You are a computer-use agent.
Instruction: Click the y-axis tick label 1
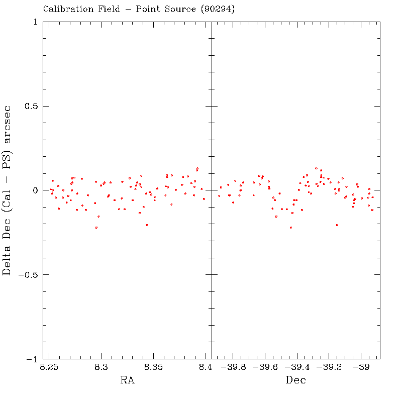(x=35, y=22)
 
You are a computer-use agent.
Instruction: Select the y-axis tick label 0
(x=35, y=190)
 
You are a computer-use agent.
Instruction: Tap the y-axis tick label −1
(x=31, y=359)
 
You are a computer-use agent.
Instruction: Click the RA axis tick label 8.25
(x=49, y=367)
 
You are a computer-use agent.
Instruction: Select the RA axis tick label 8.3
(x=101, y=367)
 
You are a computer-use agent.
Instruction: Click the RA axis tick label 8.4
(x=205, y=367)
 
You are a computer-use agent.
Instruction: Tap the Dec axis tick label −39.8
(x=233, y=367)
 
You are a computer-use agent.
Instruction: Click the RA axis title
(x=127, y=380)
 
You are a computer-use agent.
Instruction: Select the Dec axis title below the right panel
(x=295, y=380)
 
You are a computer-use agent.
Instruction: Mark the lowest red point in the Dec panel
(x=291, y=228)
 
